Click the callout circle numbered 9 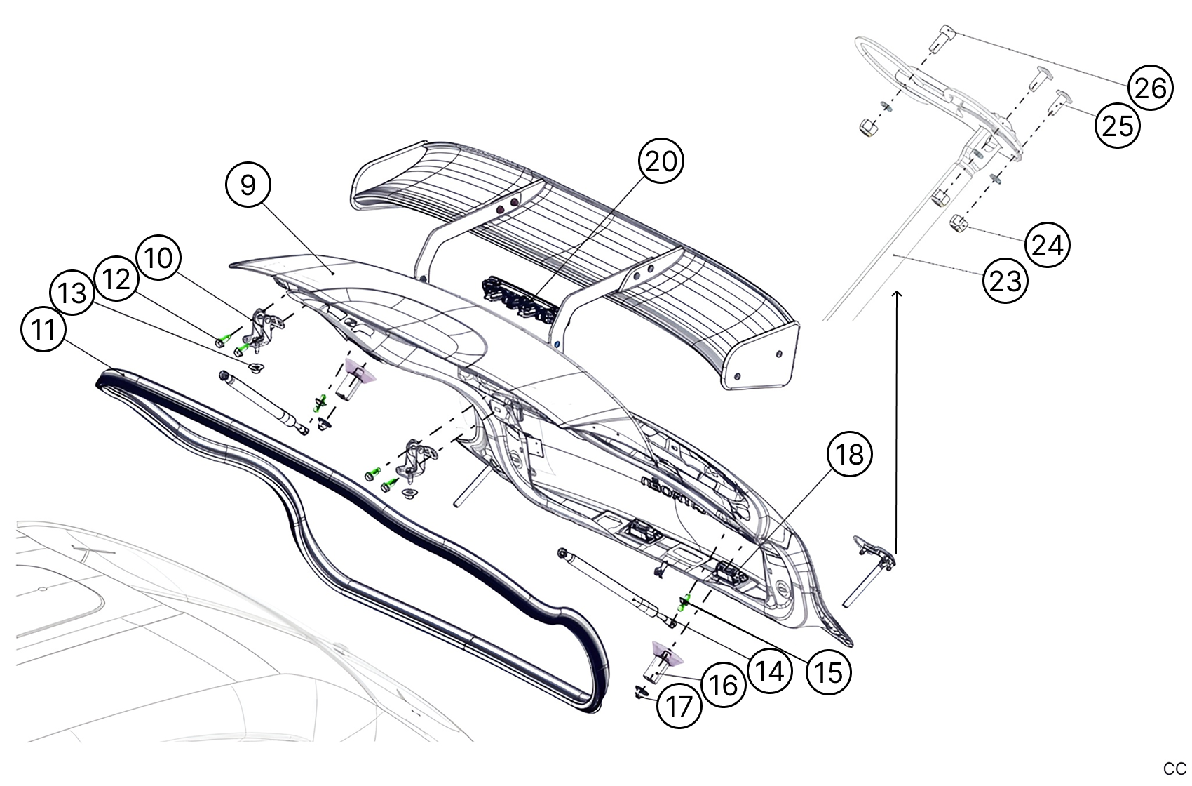(x=248, y=185)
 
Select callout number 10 (x=158, y=258)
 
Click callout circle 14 (x=769, y=672)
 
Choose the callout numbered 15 (x=829, y=672)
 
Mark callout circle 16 (x=723, y=685)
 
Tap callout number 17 (x=679, y=706)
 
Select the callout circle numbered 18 (x=850, y=455)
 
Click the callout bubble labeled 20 (x=661, y=161)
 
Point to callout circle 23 (x=1005, y=281)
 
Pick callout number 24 (x=1048, y=246)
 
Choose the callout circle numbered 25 (x=1118, y=126)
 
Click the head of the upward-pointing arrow (x=898, y=294)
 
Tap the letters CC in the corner (x=1174, y=768)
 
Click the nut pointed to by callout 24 (x=959, y=225)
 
